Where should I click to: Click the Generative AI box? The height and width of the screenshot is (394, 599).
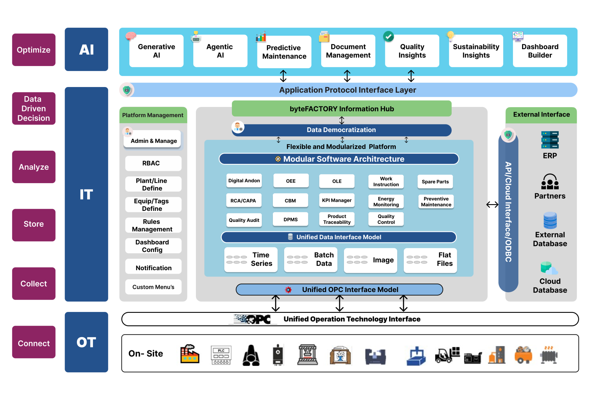tap(156, 51)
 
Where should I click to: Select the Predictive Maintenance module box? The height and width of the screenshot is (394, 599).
tap(284, 52)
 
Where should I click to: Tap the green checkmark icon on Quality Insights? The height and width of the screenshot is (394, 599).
tap(388, 37)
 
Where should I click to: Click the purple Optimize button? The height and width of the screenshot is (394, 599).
tap(34, 50)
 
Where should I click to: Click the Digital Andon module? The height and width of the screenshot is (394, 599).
tap(244, 180)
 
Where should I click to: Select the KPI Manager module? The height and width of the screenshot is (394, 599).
tap(337, 200)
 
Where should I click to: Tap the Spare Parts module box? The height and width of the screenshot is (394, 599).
tap(435, 181)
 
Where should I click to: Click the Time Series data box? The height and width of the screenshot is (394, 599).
tap(251, 259)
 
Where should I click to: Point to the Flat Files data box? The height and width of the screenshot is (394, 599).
tap(430, 259)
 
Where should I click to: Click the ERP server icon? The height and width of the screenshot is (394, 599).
tap(550, 140)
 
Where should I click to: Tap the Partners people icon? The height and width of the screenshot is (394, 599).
tap(550, 182)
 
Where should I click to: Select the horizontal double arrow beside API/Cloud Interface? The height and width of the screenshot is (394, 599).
tap(492, 204)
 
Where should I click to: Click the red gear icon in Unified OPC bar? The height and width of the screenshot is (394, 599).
tap(288, 289)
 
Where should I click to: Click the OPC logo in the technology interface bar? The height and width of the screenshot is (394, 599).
tap(253, 319)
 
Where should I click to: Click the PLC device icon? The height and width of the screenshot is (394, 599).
tap(221, 355)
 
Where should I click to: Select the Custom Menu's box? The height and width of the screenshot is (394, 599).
tap(153, 287)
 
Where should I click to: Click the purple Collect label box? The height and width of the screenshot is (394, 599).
tap(34, 283)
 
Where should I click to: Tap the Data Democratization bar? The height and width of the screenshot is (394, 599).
tap(341, 130)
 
